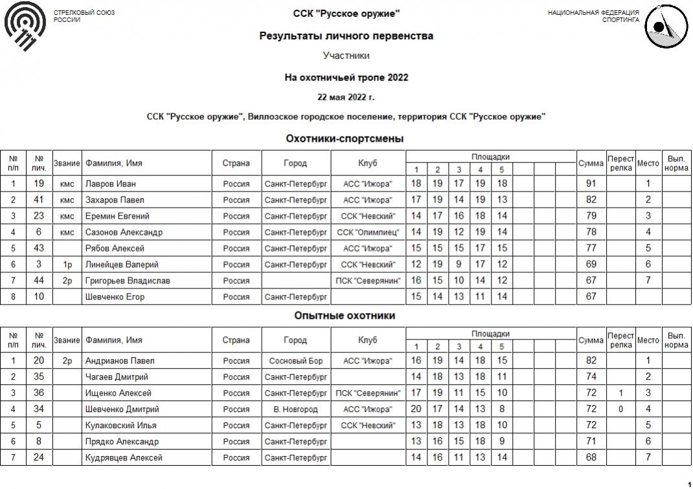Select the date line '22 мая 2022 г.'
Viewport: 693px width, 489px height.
pyautogui.click(x=346, y=98)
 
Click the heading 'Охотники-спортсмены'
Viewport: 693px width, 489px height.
pyautogui.click(x=345, y=138)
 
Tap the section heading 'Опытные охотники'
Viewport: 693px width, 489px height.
pyautogui.click(x=345, y=316)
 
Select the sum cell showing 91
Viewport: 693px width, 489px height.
pyautogui.click(x=591, y=184)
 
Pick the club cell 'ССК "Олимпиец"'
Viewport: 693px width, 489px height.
pyautogui.click(x=368, y=232)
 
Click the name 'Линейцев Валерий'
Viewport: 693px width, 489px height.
pyautogui.click(x=122, y=265)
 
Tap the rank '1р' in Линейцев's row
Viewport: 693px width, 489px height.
pyautogui.click(x=67, y=265)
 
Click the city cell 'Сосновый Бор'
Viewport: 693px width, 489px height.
pyautogui.click(x=295, y=361)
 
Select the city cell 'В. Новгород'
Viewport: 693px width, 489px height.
pyautogui.click(x=295, y=409)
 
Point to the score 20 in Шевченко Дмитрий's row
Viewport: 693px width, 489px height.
pyautogui.click(x=416, y=409)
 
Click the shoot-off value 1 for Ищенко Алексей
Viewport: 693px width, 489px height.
pyautogui.click(x=620, y=393)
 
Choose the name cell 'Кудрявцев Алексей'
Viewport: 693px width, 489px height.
pyautogui.click(x=124, y=458)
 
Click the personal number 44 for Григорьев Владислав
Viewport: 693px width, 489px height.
pyautogui.click(x=39, y=281)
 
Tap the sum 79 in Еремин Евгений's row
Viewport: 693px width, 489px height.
pyautogui.click(x=591, y=216)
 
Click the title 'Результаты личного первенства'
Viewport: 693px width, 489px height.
pyautogui.click(x=346, y=36)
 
